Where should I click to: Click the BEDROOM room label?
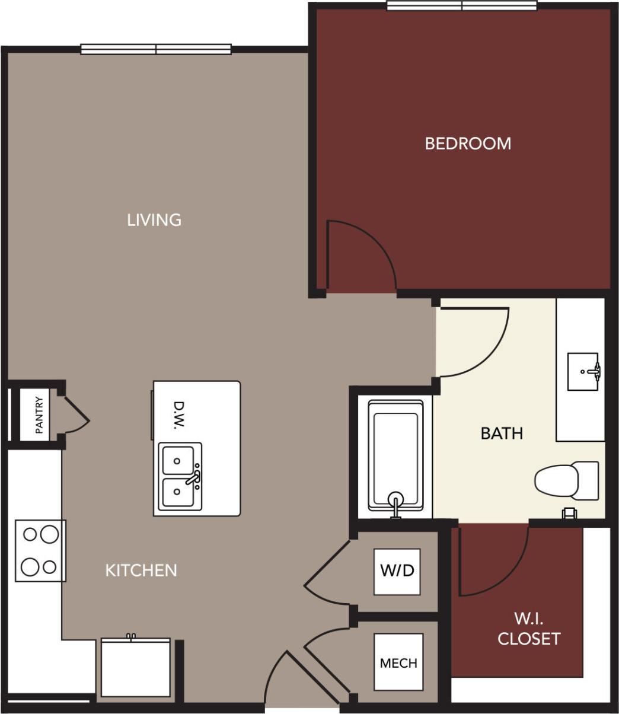[x=468, y=144]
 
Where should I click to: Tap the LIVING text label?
[x=154, y=220]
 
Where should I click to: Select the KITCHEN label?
[x=141, y=570]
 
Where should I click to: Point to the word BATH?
[x=502, y=434]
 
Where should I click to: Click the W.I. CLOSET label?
[x=528, y=629]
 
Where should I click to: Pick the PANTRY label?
[x=39, y=415]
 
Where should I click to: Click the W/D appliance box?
[x=397, y=572]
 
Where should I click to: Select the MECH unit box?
[x=398, y=662]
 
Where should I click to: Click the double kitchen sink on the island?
[x=179, y=477]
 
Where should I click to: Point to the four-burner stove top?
[x=40, y=550]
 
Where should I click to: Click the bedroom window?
[x=462, y=6]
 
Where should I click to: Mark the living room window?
[x=156, y=49]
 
